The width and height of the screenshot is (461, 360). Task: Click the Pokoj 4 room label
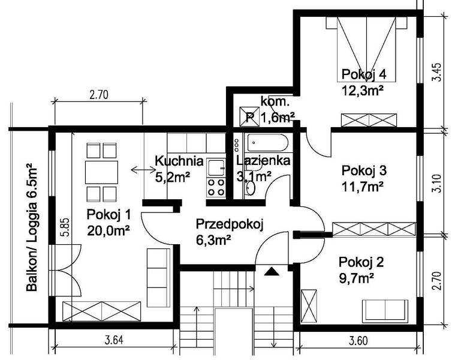click(364, 74)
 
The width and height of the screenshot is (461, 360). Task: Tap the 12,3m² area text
click(363, 91)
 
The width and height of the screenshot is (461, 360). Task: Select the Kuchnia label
click(179, 161)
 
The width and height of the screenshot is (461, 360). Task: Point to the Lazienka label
click(263, 161)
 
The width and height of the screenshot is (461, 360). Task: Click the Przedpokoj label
click(230, 224)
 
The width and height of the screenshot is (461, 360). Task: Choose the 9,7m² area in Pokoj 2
click(356, 278)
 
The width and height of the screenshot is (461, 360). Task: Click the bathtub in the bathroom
click(267, 143)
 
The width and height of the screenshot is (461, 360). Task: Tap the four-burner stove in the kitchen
click(216, 187)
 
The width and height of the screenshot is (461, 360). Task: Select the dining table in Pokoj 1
click(101, 172)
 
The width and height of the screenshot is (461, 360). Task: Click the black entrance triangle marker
click(272, 271)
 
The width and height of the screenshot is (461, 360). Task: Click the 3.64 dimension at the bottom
click(114, 340)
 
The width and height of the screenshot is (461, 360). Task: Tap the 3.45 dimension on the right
click(438, 72)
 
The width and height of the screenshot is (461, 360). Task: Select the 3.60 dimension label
click(358, 341)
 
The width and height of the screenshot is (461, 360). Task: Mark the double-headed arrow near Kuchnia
click(143, 170)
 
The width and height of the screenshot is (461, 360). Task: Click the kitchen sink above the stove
click(216, 167)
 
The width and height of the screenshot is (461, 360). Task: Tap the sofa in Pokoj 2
click(385, 311)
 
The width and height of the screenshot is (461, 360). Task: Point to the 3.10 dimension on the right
click(438, 184)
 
